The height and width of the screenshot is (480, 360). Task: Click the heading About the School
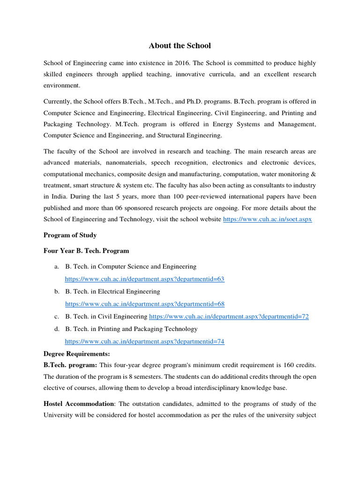pos(180,45)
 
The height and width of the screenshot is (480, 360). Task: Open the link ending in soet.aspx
pos(268,219)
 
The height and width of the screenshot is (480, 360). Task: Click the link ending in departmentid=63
pos(144,279)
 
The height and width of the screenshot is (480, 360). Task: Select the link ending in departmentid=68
pos(144,304)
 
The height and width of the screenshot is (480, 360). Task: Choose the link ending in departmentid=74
pos(144,341)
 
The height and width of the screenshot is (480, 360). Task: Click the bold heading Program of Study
pos(70,235)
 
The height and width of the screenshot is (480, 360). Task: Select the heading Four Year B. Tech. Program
pos(86,251)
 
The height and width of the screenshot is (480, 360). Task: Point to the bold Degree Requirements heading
pos(76,353)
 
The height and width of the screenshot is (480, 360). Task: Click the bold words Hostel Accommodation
pos(79,404)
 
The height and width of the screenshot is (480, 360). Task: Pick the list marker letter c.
pos(56,316)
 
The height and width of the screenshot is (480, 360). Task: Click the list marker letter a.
pos(56,266)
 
